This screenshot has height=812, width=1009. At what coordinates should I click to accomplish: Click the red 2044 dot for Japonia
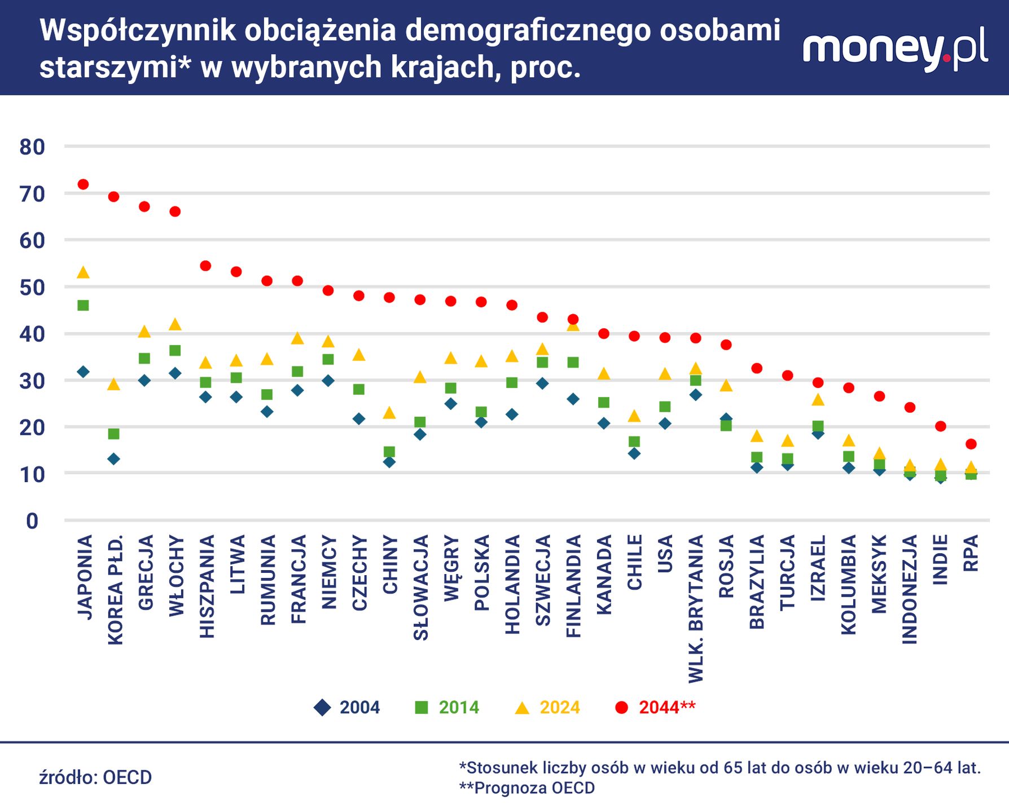[83, 184]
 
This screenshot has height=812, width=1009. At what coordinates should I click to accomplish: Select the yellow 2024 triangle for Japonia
[83, 273]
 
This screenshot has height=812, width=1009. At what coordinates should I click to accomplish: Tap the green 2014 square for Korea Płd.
[113, 434]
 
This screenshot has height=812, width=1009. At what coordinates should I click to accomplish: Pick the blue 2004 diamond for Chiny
[389, 462]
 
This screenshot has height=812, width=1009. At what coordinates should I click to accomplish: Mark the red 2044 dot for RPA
[971, 444]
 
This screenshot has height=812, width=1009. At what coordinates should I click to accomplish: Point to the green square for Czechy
[358, 390]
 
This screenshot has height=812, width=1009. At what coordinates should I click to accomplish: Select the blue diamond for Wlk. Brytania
[695, 395]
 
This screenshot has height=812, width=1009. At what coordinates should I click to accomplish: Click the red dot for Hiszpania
[205, 266]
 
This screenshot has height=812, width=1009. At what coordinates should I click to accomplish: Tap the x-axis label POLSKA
[481, 573]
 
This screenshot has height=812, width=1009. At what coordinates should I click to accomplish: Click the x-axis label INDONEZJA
[910, 589]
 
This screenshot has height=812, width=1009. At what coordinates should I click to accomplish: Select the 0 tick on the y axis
[32, 521]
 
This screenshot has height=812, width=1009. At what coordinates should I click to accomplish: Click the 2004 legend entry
[347, 707]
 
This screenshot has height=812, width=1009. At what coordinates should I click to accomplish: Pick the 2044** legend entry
[655, 707]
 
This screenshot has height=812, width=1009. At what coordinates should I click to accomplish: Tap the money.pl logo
[895, 50]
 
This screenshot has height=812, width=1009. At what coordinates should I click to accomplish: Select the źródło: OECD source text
[95, 778]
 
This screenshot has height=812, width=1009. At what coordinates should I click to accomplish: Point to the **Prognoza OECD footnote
[527, 788]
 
